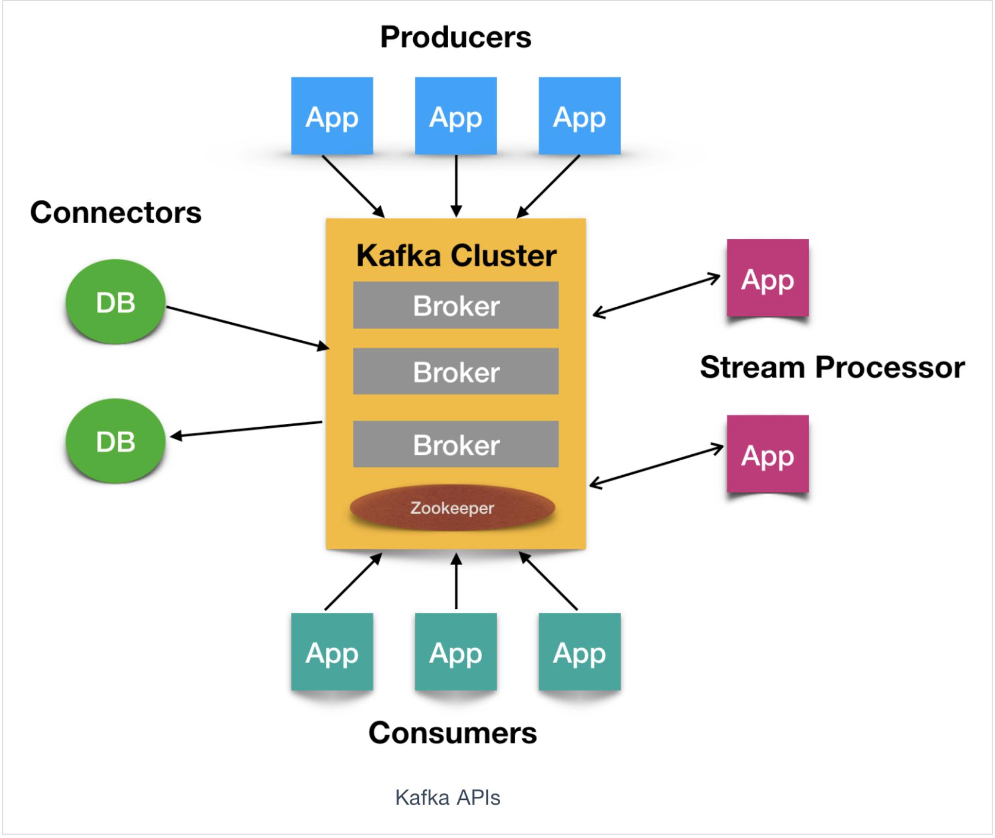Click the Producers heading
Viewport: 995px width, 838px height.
(456, 37)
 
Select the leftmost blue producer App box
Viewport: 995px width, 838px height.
(332, 116)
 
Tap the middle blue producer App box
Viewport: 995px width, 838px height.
(456, 116)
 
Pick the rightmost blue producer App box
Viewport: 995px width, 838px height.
(579, 116)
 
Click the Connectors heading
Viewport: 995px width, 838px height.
(116, 213)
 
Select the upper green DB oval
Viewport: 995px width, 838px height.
(116, 302)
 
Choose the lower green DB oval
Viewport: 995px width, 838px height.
(116, 441)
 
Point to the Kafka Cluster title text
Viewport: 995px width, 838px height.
(456, 255)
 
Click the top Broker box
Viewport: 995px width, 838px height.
(456, 305)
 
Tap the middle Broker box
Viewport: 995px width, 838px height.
(456, 371)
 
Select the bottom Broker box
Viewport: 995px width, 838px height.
(456, 444)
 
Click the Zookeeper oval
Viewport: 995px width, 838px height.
(452, 508)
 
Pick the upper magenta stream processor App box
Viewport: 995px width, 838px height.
(768, 278)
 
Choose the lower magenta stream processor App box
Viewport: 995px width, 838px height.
(768, 454)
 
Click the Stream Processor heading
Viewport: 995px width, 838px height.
(832, 367)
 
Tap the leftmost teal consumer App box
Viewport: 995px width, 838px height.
(332, 652)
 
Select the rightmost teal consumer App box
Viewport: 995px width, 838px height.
(579, 652)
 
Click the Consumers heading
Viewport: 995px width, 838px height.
(452, 733)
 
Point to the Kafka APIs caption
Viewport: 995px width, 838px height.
(447, 797)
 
